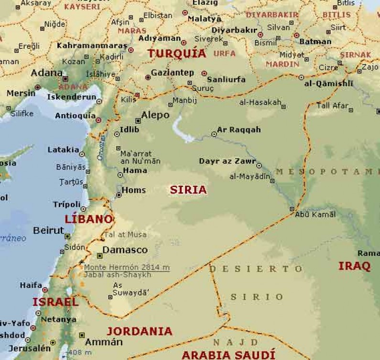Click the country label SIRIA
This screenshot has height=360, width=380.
pyautogui.click(x=188, y=190)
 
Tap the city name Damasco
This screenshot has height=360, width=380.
pyautogui.click(x=125, y=250)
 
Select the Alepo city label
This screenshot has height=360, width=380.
pyautogui.click(x=155, y=115)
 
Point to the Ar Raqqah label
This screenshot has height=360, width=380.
pyautogui.click(x=239, y=130)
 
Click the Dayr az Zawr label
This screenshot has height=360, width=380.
pyautogui.click(x=227, y=161)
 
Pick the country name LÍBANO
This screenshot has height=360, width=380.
pyautogui.click(x=89, y=219)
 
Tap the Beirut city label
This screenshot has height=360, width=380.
pyautogui.click(x=48, y=231)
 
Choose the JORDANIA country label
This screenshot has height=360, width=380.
pyautogui.click(x=139, y=331)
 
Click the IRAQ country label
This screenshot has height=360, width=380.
pyautogui.click(x=354, y=266)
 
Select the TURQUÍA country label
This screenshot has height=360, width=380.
pyautogui.click(x=176, y=54)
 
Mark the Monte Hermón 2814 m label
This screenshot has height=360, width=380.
pyautogui.click(x=127, y=268)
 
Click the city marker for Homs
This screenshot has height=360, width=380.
pyautogui.click(x=119, y=195)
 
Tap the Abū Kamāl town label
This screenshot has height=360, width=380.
pyautogui.click(x=315, y=215)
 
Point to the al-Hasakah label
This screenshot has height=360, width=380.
pyautogui.click(x=260, y=102)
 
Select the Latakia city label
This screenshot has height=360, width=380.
pyautogui.click(x=63, y=150)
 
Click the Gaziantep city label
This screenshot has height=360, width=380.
pyautogui.click(x=172, y=73)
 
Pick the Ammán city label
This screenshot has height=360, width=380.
pyautogui.click(x=104, y=342)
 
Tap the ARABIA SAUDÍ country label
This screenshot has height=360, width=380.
pyautogui.click(x=228, y=355)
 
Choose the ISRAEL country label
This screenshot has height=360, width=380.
pyautogui.click(x=55, y=302)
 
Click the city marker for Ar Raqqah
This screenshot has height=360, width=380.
pyautogui.click(x=214, y=134)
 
